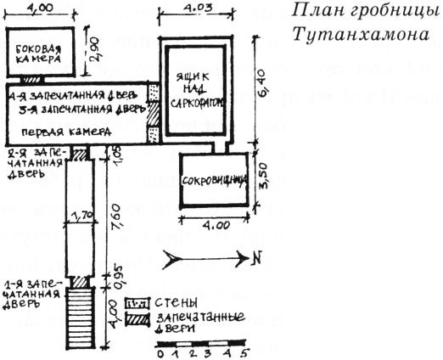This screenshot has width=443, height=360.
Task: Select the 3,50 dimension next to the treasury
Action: (263, 182)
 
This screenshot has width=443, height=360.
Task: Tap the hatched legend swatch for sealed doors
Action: (137, 318)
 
